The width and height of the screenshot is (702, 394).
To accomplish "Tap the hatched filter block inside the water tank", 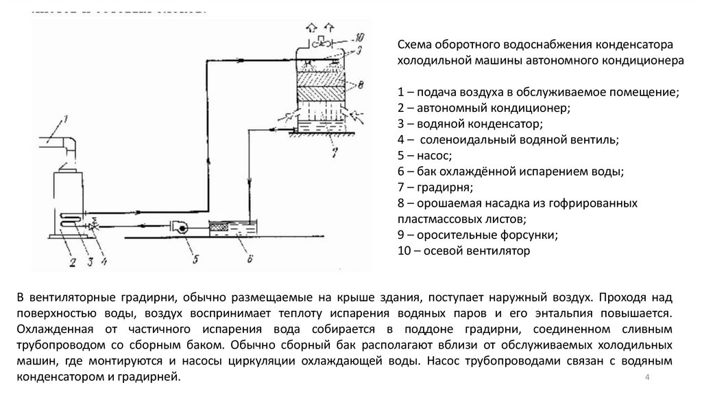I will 221,225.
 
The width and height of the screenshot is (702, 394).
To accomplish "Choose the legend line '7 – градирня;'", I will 435,187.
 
